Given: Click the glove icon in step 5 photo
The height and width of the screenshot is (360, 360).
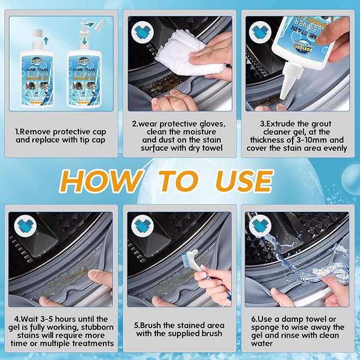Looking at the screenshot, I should (x=142, y=227).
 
